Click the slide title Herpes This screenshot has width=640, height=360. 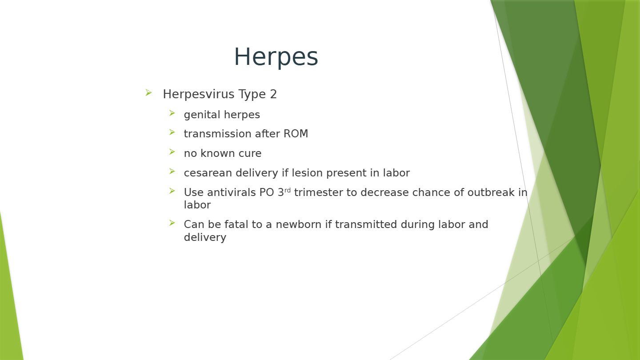click(x=276, y=57)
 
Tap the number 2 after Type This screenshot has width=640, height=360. click(x=273, y=94)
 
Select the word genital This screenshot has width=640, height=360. click(x=202, y=115)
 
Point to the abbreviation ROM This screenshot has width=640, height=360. click(x=296, y=134)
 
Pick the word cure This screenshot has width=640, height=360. click(x=250, y=153)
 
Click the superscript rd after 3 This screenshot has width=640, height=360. click(x=288, y=190)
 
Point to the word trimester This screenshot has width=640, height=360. click(x=319, y=192)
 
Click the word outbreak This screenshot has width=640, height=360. click(x=491, y=192)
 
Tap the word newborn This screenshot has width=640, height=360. click(x=299, y=224)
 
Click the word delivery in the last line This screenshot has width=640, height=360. click(x=205, y=237)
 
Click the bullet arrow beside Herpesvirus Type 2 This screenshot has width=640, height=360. click(x=148, y=92)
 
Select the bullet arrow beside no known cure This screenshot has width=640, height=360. click(x=172, y=152)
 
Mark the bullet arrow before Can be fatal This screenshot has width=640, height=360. click(x=172, y=223)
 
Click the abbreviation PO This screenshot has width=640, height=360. click(x=267, y=192)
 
